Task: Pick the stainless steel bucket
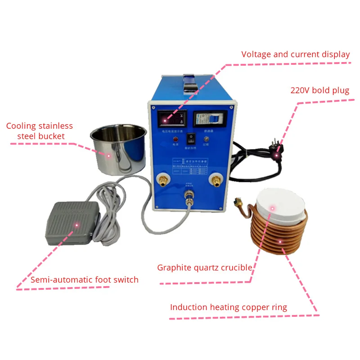(x=118, y=149)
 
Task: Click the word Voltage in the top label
(x=256, y=54)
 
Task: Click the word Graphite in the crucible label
(x=173, y=268)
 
